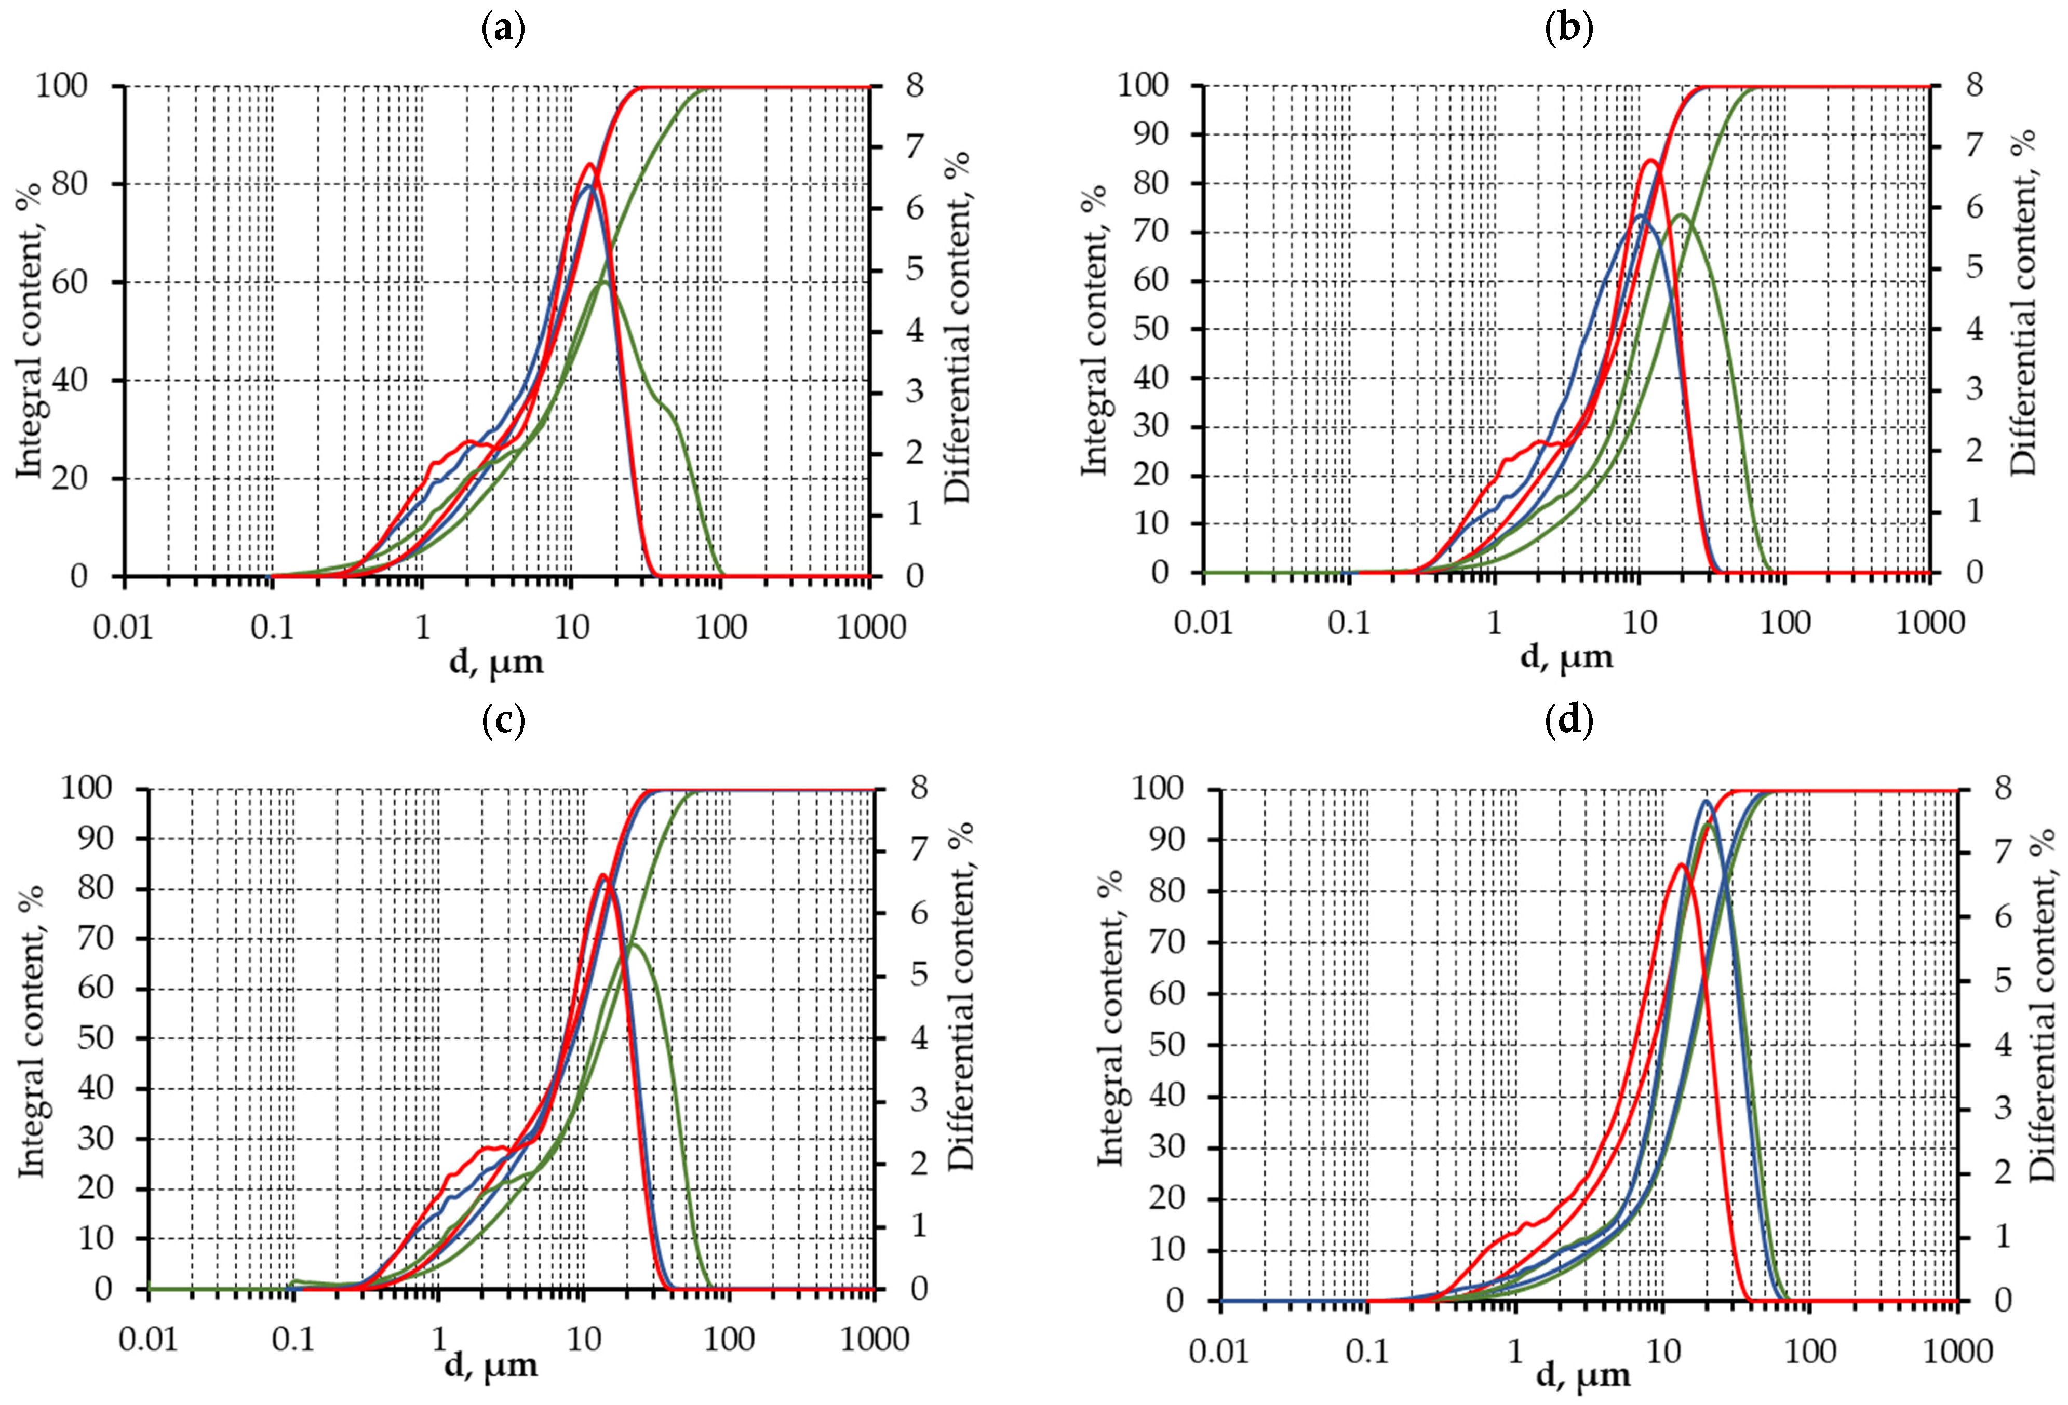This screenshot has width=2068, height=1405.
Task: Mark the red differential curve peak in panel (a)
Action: (x=589, y=165)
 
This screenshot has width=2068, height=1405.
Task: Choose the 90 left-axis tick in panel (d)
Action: (x=1166, y=840)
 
